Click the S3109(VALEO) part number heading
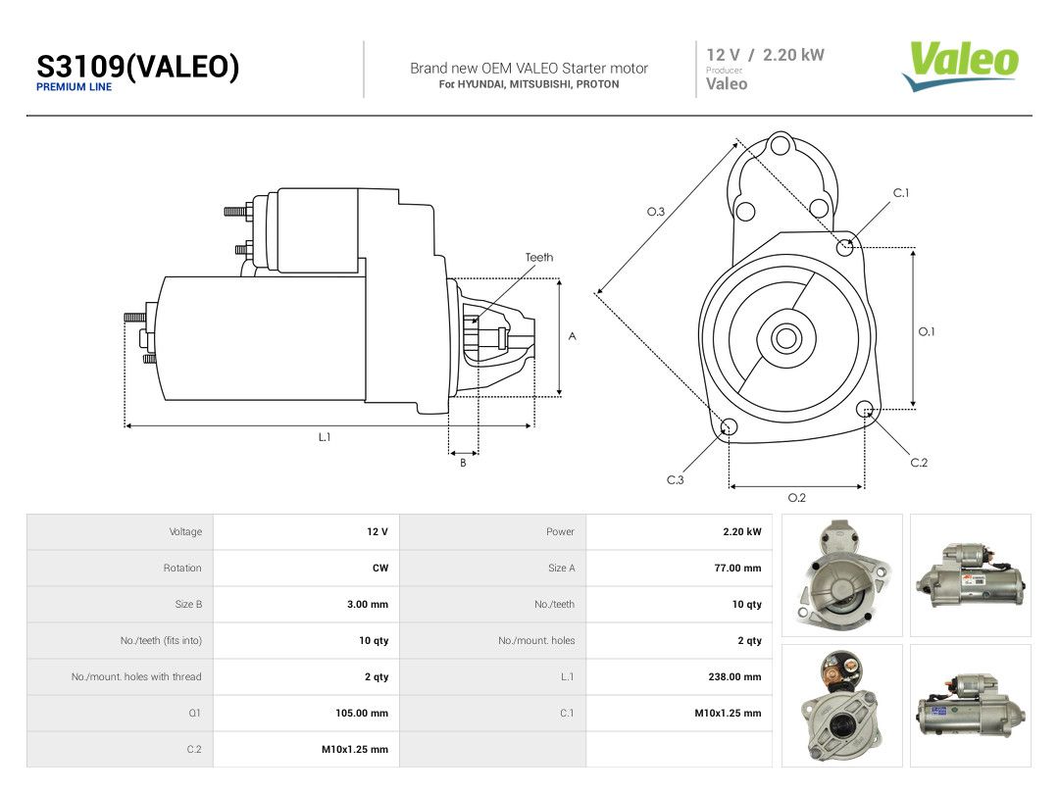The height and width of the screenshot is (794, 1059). (138, 67)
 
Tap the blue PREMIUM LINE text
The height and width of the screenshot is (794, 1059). (74, 87)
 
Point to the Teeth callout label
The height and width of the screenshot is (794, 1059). (539, 257)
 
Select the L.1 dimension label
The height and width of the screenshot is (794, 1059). (325, 437)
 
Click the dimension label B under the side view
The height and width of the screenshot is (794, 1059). (463, 463)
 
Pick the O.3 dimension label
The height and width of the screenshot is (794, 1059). (656, 212)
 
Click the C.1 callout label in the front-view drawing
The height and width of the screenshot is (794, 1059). (901, 193)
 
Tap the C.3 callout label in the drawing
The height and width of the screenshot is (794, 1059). (676, 480)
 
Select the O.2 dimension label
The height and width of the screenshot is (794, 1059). (797, 498)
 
